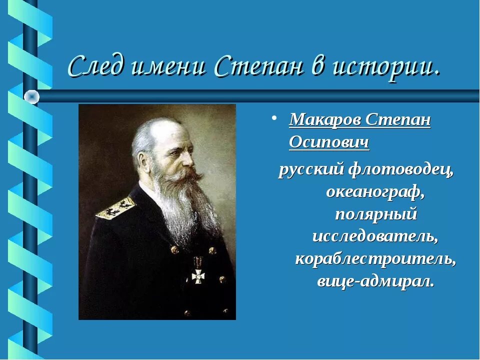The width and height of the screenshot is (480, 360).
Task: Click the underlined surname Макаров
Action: point(325,120)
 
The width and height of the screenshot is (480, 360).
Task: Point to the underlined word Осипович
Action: point(329,143)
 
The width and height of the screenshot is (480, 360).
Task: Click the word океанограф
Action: point(375,191)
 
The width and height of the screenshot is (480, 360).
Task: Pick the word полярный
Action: point(375,214)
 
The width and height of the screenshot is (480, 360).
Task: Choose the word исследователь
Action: point(375,236)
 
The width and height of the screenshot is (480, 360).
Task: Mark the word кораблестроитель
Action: point(375,258)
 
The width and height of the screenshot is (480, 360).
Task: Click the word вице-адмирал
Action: point(375,280)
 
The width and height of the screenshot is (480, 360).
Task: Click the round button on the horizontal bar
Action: point(32,96)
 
